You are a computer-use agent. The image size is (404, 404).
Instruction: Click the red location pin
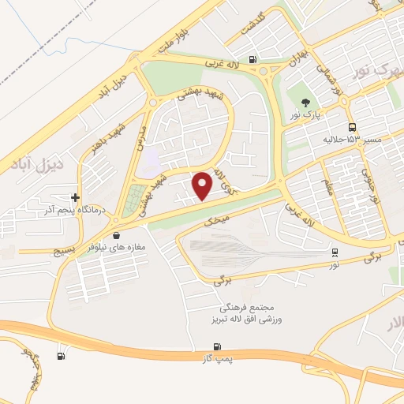pos(204,186)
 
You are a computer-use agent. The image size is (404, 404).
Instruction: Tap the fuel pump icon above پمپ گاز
pos(217,346)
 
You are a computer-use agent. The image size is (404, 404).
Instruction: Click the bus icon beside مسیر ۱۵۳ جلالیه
pos(351,127)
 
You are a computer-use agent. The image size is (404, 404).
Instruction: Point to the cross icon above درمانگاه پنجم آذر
pos(75,197)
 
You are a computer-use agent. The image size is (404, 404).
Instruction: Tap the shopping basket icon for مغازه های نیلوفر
pos(117,234)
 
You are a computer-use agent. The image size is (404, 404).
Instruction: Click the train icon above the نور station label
pos(335,252)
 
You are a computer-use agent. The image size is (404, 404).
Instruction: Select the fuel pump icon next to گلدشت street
pos(252,58)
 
